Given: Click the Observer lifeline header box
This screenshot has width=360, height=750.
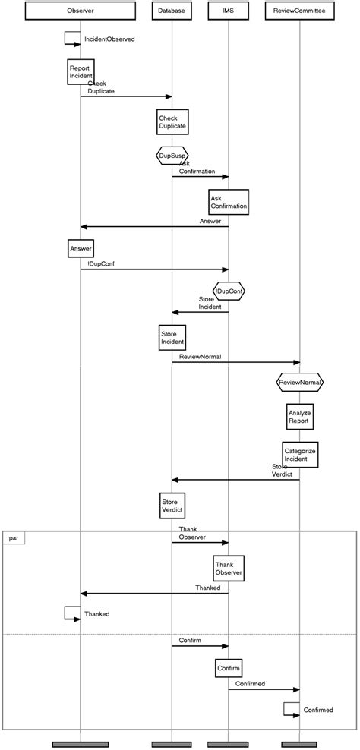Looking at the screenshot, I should (81, 11).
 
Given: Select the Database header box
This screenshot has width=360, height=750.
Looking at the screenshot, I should (172, 11).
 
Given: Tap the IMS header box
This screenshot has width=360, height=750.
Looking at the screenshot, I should (228, 11).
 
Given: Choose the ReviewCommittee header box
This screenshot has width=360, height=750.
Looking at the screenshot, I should (300, 11).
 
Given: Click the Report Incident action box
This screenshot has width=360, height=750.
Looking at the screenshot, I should (80, 72).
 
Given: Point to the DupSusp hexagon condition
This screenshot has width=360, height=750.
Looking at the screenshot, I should (172, 156).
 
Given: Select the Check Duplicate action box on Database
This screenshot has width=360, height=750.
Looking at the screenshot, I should (172, 121).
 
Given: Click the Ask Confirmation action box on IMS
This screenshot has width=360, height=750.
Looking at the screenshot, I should (229, 202).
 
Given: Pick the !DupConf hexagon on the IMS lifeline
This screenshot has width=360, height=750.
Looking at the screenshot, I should (229, 291).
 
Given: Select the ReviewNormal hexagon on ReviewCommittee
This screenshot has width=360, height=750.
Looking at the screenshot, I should (300, 383).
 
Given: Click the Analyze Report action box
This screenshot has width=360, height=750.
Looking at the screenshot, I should (299, 415).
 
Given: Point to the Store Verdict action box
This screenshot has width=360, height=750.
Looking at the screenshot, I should (172, 506).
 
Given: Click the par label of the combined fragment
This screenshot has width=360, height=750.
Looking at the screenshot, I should (13, 537).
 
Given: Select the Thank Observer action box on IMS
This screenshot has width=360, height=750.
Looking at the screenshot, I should (229, 569).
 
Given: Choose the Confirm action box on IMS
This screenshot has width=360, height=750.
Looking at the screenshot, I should (229, 668).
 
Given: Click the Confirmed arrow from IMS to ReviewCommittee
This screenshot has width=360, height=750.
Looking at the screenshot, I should (264, 689).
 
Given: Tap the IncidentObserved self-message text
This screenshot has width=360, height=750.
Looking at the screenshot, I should (115, 39).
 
